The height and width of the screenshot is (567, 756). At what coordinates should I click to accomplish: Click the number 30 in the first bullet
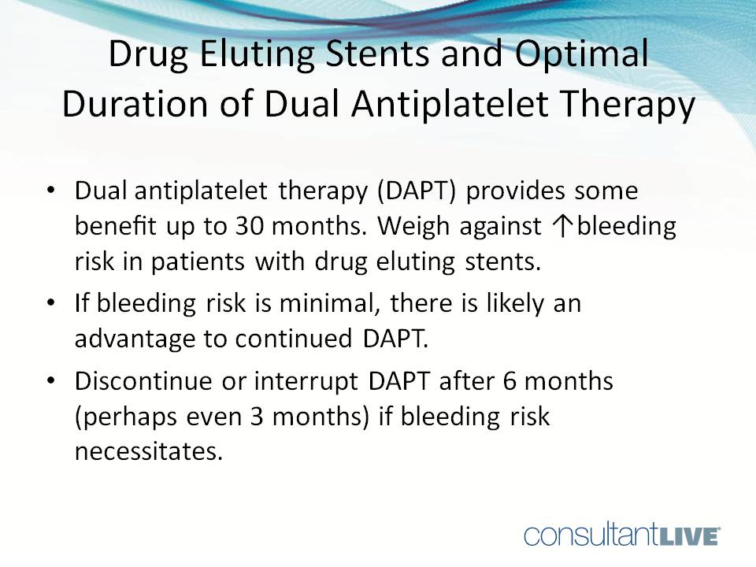coord(252,227)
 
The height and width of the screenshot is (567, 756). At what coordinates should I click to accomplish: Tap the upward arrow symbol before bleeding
coord(557,227)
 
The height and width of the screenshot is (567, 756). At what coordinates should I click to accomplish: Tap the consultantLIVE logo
coord(621,535)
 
